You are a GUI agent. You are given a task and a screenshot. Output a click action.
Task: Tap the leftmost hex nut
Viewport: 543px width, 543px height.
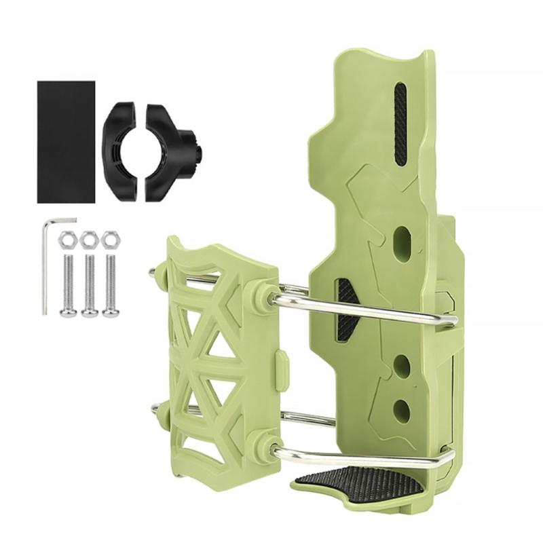click(67, 240)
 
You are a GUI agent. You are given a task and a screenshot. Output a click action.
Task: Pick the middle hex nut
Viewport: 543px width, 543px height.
click(88, 240)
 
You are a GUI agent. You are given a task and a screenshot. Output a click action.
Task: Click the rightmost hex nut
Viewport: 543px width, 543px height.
click(109, 240)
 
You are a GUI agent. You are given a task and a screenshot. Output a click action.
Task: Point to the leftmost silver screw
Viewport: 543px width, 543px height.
click(67, 285)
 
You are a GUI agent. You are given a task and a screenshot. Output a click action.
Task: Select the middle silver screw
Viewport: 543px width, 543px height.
click(89, 285)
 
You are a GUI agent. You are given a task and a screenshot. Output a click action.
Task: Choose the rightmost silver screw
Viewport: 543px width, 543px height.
click(110, 285)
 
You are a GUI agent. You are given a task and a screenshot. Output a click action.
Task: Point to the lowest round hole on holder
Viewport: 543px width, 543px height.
click(402, 411)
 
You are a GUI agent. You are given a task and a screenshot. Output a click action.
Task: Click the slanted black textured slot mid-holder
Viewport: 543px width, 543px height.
click(345, 310)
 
